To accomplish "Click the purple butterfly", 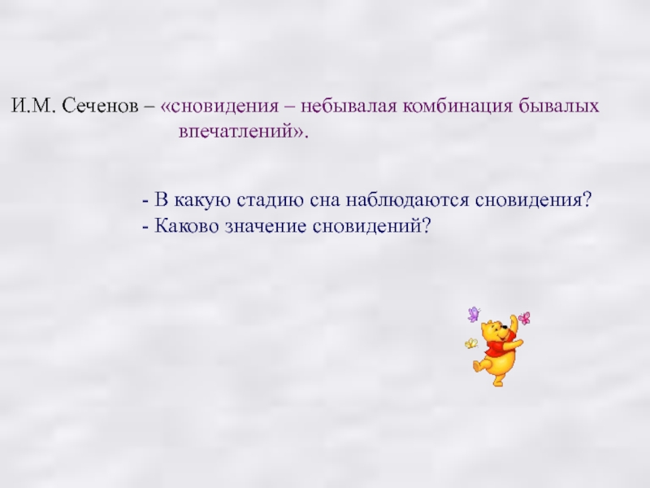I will (473, 314).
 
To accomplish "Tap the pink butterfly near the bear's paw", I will (524, 317).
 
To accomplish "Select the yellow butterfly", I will (470, 343).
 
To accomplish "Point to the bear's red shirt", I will (496, 347).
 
